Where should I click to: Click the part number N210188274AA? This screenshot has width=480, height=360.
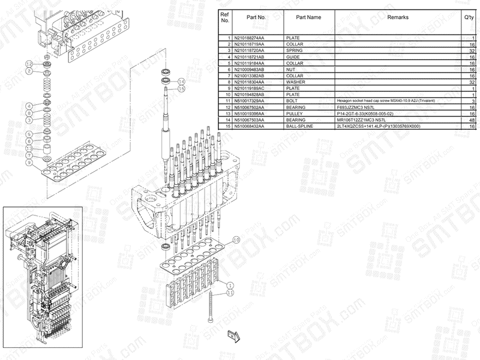tap(248, 38)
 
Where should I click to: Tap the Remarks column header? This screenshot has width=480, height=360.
tap(397, 17)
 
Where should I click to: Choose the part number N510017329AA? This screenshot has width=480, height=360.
tap(248, 101)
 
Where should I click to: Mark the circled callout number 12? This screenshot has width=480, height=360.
tap(29, 64)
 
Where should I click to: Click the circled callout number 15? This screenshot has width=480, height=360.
tap(182, 89)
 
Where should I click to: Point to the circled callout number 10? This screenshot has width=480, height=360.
tap(236, 240)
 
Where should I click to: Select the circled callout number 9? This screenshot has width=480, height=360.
tap(29, 163)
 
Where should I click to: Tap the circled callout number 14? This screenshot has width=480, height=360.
tap(182, 81)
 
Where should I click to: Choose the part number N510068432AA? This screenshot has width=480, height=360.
tap(248, 126)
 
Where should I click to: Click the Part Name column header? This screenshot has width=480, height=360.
tap(308, 17)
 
